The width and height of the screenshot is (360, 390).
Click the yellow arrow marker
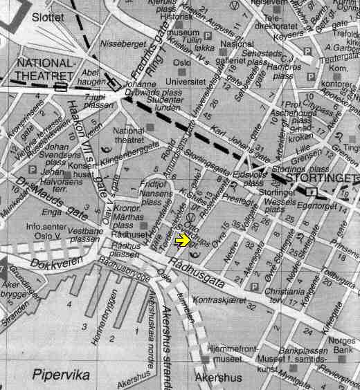tap(182, 240)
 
